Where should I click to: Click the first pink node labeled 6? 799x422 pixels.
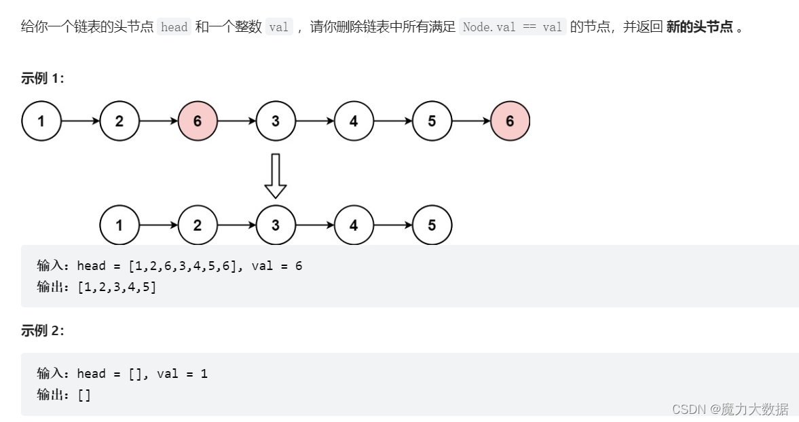pyautogui.click(x=198, y=121)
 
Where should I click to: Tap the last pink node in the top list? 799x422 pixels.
pyautogui.click(x=510, y=121)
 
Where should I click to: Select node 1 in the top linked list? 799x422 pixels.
pyautogui.click(x=41, y=121)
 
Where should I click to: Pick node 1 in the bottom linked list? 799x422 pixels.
pyautogui.click(x=119, y=225)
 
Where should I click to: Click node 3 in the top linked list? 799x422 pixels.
pyautogui.click(x=276, y=121)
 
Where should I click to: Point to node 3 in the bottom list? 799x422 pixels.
pyautogui.click(x=276, y=225)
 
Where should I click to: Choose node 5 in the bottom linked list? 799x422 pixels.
pyautogui.click(x=432, y=225)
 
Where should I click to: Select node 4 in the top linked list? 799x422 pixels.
pyautogui.click(x=354, y=121)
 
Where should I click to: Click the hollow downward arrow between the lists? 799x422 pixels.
pyautogui.click(x=275, y=175)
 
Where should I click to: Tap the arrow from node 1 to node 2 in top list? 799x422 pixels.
pyautogui.click(x=80, y=121)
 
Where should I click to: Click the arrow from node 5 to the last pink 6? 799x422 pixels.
pyautogui.click(x=470, y=121)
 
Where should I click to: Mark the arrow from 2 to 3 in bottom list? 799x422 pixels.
pyautogui.click(x=236, y=225)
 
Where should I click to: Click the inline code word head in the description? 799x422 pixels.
pyautogui.click(x=174, y=28)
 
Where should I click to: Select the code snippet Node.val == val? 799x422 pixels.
pyautogui.click(x=513, y=28)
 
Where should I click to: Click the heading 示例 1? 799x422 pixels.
pyautogui.click(x=43, y=79)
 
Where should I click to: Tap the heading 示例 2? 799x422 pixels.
pyautogui.click(x=43, y=331)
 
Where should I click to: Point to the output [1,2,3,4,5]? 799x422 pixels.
pyautogui.click(x=117, y=287)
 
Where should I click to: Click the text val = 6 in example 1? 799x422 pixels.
pyautogui.click(x=277, y=266)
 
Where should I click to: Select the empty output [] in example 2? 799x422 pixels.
pyautogui.click(x=84, y=395)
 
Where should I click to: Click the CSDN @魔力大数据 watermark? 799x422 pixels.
pyautogui.click(x=730, y=409)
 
